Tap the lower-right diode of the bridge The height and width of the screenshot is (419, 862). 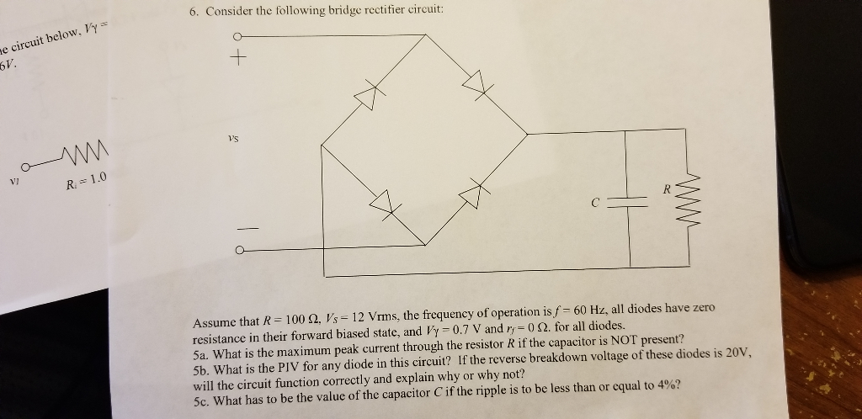click(x=477, y=194)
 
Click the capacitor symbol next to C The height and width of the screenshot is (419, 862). click(x=628, y=199)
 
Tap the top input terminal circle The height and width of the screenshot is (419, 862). click(x=238, y=36)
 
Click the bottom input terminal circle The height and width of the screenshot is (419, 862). click(x=241, y=250)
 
